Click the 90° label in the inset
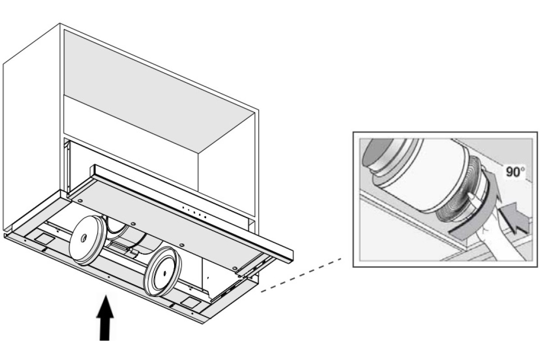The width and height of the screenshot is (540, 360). (x=513, y=172)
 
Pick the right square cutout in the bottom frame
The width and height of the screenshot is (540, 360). (x=189, y=300)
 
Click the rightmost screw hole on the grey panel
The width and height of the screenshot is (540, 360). (x=235, y=269)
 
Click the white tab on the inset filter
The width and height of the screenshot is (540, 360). (x=472, y=198)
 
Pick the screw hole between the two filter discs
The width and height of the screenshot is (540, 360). (x=133, y=224)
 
